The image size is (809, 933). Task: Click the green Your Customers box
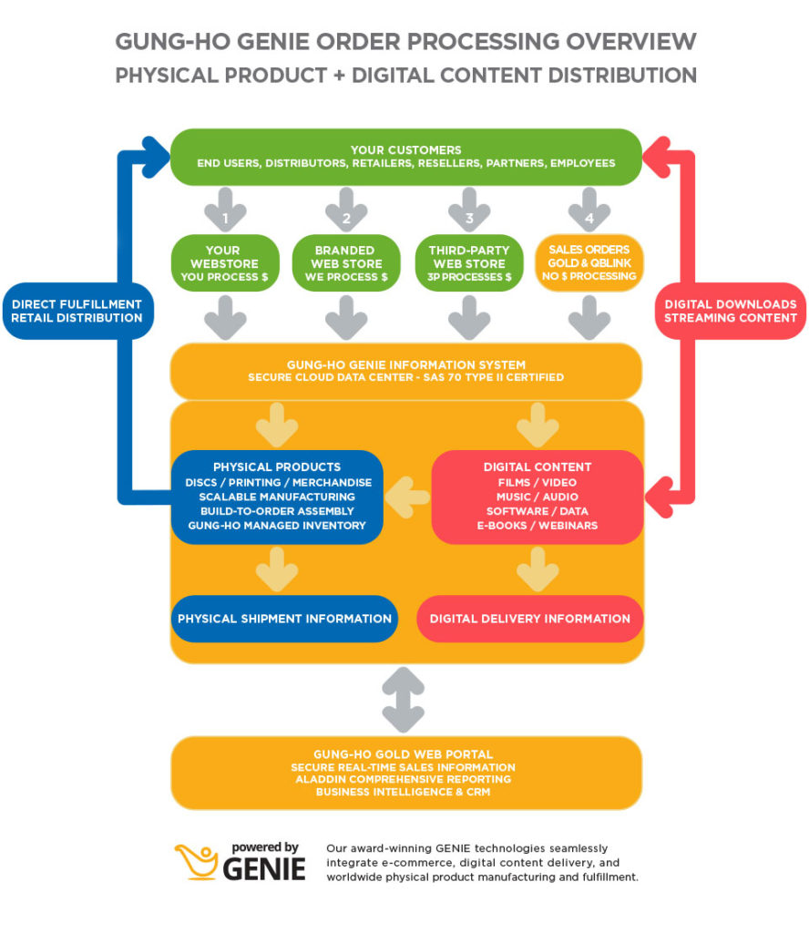pos(405,156)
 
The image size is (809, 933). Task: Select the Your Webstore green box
pos(222,263)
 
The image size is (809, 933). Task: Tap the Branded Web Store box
pos(344,263)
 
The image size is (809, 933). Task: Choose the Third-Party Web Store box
pos(468,263)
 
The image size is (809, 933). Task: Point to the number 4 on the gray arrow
pos(589,218)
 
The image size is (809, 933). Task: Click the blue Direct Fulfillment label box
pos(77,311)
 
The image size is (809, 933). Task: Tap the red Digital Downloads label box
pos(730,311)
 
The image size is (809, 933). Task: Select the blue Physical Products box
pos(277,497)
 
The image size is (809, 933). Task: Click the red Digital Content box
pos(537,497)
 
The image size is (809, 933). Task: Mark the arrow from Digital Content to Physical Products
pos(406,497)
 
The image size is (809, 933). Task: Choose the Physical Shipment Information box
pos(284,619)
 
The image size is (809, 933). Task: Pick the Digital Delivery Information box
pos(529,619)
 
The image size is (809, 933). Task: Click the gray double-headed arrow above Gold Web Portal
pos(405,699)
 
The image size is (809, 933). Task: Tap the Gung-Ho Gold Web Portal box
pos(405,773)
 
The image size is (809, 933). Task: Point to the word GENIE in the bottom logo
pos(263,869)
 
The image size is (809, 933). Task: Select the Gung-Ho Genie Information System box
pos(405,371)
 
